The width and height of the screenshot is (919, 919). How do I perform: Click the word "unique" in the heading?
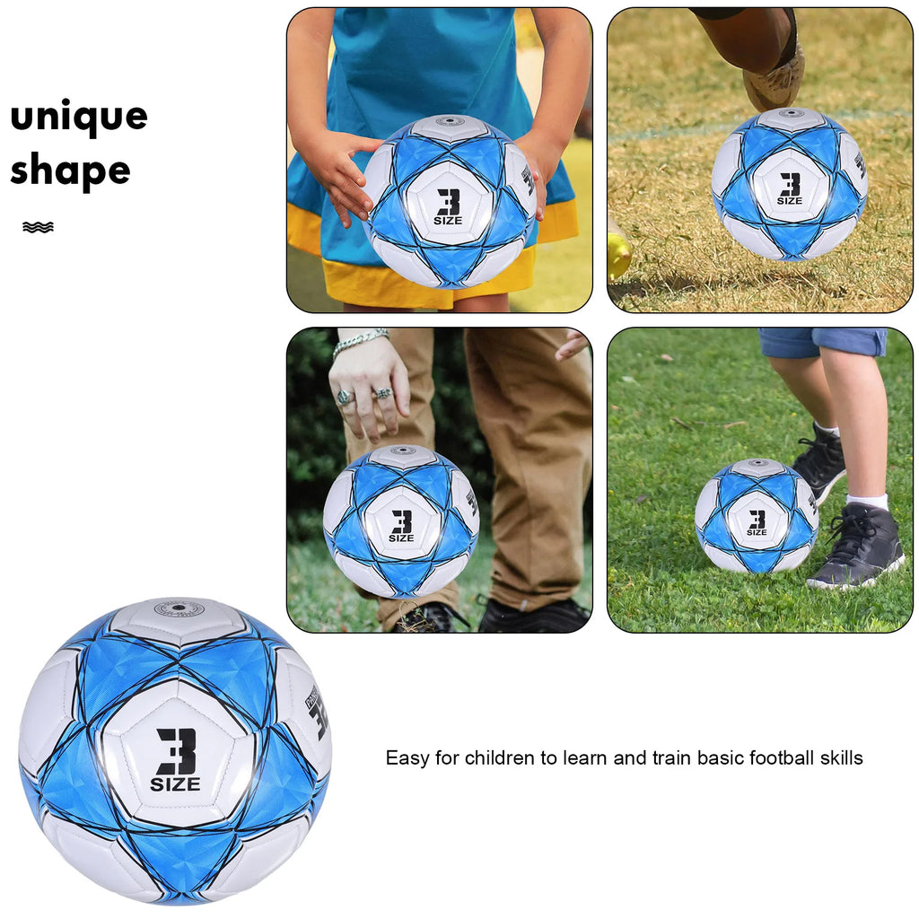point(79,118)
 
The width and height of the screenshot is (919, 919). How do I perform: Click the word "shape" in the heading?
point(70,171)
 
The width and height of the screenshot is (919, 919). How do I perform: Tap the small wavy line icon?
point(38,227)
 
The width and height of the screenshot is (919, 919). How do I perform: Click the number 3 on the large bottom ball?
point(176,750)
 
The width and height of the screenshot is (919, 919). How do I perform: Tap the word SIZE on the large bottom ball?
point(175,785)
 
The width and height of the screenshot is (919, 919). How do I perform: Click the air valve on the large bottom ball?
point(179,608)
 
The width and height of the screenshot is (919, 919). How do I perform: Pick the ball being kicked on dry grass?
point(790,184)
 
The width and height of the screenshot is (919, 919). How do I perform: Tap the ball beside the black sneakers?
point(757,516)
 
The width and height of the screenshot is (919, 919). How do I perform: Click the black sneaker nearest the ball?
point(857,547)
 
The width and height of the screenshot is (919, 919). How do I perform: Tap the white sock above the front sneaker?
point(868,501)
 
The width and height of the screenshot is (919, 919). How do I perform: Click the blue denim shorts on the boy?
point(821,342)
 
